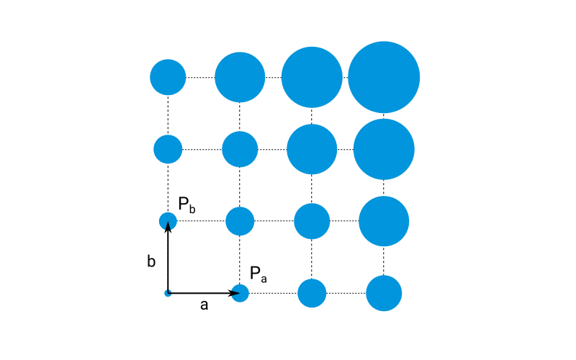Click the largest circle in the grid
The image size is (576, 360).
(x=384, y=77)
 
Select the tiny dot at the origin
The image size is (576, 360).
(x=168, y=293)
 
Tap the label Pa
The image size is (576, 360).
(x=258, y=274)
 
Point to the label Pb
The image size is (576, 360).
(x=186, y=204)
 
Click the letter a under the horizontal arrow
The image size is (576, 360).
(x=204, y=305)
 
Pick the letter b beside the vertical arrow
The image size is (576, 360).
(x=151, y=261)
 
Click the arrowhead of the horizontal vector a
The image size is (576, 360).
(x=234, y=293)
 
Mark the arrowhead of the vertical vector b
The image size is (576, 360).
(x=168, y=227)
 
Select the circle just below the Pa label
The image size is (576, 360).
(x=240, y=293)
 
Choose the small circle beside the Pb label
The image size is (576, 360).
(x=168, y=221)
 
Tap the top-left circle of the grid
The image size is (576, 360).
(x=168, y=77)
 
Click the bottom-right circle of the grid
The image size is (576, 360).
(x=384, y=293)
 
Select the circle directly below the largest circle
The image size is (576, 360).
(x=384, y=149)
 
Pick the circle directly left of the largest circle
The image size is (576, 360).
(x=312, y=77)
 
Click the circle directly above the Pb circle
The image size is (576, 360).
(x=168, y=149)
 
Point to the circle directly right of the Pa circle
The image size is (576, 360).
(x=312, y=293)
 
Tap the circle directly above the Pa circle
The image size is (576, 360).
(x=240, y=221)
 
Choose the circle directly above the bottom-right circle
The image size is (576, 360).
(x=384, y=221)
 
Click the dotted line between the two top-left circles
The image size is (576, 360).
(x=200, y=77)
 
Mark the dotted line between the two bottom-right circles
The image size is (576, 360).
(x=346, y=293)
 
